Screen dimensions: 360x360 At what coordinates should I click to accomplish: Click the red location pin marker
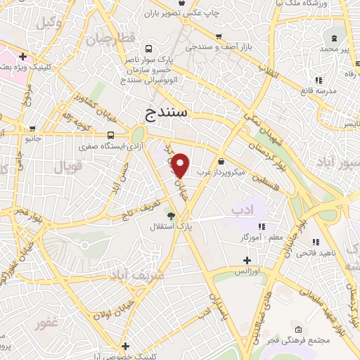pyautogui.click(x=181, y=166)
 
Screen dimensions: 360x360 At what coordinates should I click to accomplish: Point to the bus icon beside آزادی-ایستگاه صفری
pyautogui.click(x=110, y=135)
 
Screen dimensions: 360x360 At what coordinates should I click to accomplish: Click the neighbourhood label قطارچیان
pyautogui.click(x=109, y=39)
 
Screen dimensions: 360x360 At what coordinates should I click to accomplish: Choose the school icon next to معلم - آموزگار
pyautogui.click(x=262, y=226)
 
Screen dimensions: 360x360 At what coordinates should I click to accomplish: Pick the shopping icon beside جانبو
pyautogui.click(x=50, y=138)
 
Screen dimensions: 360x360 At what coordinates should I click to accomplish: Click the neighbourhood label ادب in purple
pyautogui.click(x=241, y=209)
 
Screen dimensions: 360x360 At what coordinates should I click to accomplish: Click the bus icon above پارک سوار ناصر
pyautogui.click(x=148, y=49)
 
